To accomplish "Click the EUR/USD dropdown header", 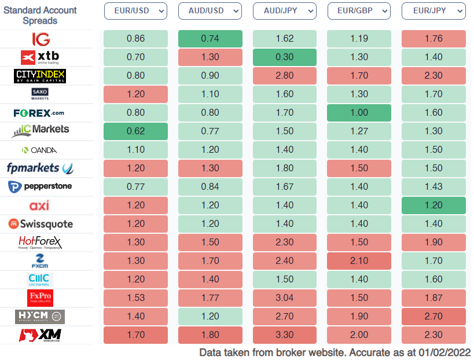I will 135,11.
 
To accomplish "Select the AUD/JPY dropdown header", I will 285,11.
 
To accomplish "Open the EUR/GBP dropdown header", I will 359,11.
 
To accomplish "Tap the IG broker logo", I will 41,39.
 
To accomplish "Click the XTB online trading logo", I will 41,57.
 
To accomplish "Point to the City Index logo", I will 40,76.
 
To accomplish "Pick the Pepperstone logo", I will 41,187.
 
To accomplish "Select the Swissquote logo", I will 41,224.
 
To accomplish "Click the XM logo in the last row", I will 41,335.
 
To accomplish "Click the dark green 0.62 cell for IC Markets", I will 135,131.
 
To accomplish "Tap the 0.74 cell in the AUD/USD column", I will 210,39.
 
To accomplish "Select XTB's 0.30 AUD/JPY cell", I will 285,57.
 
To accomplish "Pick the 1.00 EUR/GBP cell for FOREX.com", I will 359,113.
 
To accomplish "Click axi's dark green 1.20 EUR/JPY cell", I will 433,205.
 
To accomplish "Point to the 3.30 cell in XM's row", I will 285,335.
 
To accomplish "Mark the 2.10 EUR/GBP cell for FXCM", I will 359,261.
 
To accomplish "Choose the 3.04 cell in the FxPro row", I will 285,298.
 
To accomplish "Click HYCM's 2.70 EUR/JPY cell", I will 433,317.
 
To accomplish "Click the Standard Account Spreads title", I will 40,15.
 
